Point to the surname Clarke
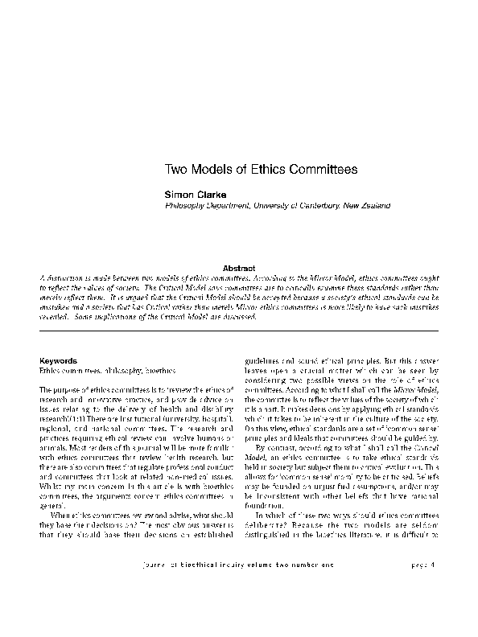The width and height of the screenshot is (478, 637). tap(214, 194)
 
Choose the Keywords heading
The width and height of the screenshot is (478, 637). tap(58, 361)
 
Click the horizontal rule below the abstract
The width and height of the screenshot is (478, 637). tap(239, 330)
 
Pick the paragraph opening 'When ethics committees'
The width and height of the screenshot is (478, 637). tap(73, 536)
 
